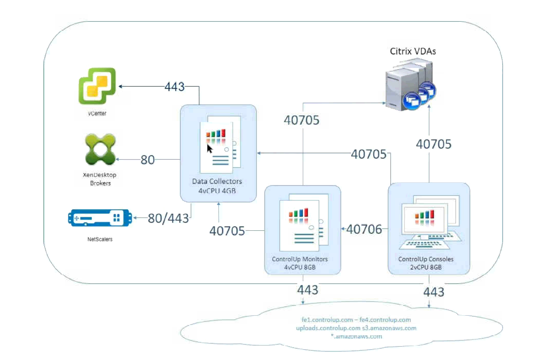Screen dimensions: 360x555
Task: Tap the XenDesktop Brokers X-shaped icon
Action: tap(99, 149)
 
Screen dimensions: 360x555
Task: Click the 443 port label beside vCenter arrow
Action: tap(175, 87)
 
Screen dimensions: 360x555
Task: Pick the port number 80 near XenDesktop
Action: tap(148, 160)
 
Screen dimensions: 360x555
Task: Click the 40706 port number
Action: tap(364, 229)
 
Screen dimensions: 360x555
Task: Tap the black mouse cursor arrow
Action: tap(210, 149)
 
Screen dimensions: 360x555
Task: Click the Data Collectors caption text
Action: tap(217, 181)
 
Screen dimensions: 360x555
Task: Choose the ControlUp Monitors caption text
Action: tap(300, 259)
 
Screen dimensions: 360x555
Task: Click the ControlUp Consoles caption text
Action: tap(426, 259)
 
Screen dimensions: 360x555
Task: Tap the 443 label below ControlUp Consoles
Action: tap(433, 292)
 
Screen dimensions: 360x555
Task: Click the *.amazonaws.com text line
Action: tap(357, 336)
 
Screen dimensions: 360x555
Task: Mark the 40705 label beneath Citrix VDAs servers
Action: tap(433, 144)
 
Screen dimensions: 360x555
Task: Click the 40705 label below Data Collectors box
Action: tap(227, 231)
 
